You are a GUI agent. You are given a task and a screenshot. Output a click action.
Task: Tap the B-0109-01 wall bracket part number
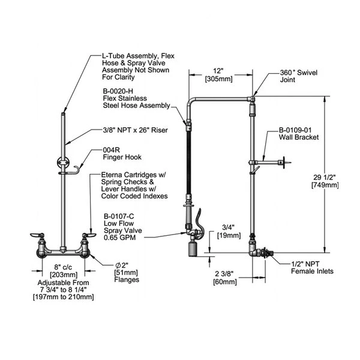point(299,130)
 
